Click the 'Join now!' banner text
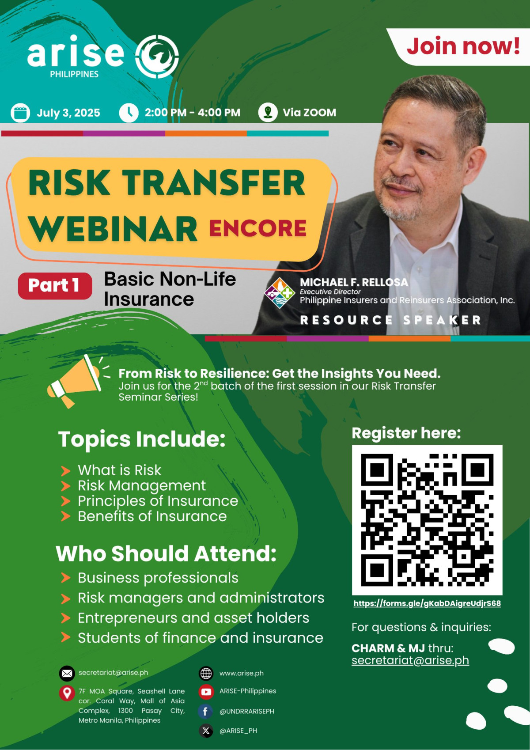coord(463,46)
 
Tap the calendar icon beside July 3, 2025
coord(20,113)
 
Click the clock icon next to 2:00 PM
coord(129,113)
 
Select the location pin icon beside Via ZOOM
coord(268,112)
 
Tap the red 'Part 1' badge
coord(55,286)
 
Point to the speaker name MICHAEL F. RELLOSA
coord(354,282)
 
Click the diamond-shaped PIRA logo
coord(280,293)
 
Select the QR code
coord(427,519)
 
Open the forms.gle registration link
coord(427,603)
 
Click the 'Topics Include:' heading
coord(142,439)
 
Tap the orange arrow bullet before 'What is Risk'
coord(66,470)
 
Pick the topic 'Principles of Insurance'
coord(158,501)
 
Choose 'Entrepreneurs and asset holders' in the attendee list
coord(193,618)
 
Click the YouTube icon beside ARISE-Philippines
coord(206,692)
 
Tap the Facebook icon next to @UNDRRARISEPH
coord(205,712)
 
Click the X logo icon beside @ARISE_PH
coord(206,731)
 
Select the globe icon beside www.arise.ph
coord(206,673)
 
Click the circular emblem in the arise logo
coord(157,57)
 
